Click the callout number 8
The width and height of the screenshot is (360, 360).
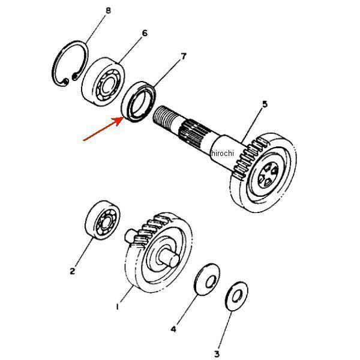(108, 10)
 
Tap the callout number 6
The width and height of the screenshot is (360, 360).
(145, 33)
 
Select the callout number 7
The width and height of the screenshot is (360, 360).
(183, 56)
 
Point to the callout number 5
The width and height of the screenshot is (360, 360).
(265, 104)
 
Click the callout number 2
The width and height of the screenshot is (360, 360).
(73, 271)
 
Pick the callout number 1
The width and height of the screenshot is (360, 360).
(118, 307)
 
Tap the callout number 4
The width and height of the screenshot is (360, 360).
(173, 329)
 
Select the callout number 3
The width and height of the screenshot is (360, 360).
(217, 354)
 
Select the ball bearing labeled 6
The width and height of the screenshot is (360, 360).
(103, 82)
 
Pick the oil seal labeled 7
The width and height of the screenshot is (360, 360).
(139, 102)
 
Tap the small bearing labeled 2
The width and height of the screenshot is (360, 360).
(103, 220)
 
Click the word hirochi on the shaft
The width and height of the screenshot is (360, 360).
(223, 153)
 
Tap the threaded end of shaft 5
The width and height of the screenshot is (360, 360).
(165, 116)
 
